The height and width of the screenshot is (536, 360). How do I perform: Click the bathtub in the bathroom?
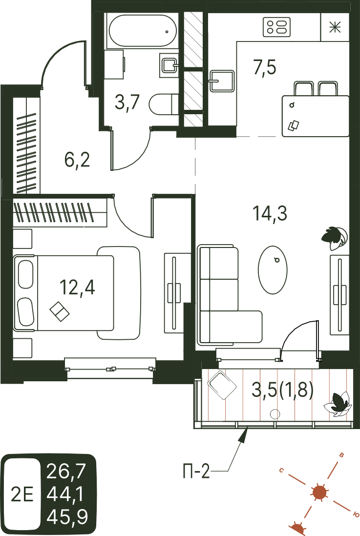[x=142, y=31]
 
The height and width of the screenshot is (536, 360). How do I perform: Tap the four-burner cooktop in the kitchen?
[x=276, y=27]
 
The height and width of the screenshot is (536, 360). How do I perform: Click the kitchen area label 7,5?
[x=265, y=67]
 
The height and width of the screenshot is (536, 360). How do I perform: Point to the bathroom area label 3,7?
[x=127, y=102]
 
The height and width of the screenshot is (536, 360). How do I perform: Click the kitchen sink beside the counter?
[x=222, y=81]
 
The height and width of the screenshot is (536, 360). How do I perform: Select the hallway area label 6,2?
[x=77, y=160]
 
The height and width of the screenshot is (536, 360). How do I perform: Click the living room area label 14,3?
[x=270, y=213]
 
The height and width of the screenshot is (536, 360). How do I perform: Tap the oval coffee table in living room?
[x=273, y=270]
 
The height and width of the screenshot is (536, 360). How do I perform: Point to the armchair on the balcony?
[x=222, y=385]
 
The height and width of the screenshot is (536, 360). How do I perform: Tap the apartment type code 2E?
[x=22, y=495]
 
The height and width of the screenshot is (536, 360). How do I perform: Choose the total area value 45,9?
[x=67, y=516]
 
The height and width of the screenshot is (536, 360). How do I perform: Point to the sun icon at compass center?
[x=319, y=493]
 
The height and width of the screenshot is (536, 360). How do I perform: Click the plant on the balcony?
[x=338, y=405]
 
